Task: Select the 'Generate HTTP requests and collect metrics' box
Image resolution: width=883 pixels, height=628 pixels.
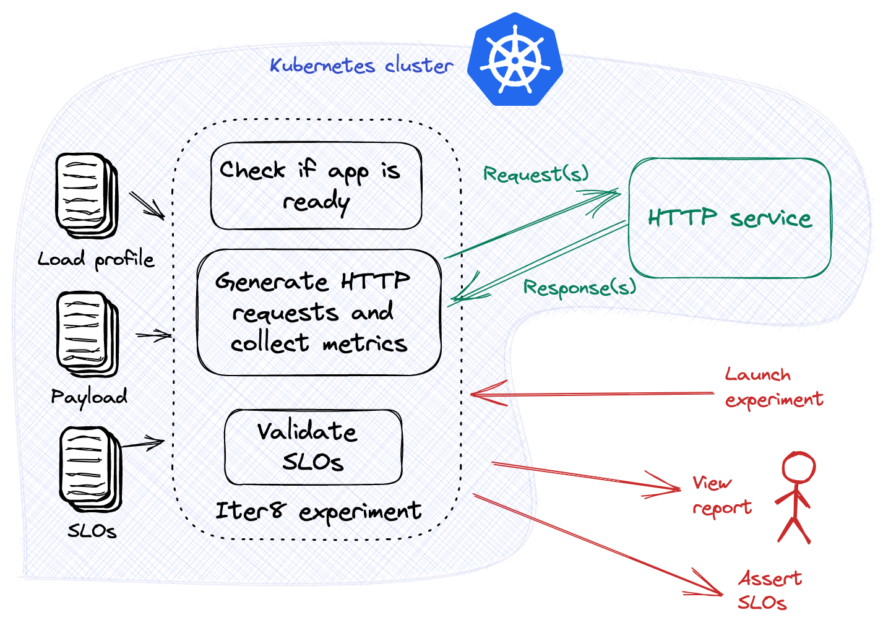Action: (x=319, y=312)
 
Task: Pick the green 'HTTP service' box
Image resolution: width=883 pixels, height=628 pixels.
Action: (x=730, y=218)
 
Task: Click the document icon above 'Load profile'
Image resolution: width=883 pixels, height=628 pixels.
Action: (x=86, y=194)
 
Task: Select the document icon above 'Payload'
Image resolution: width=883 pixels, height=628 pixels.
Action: (x=87, y=333)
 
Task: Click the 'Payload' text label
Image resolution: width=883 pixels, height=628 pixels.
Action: (x=90, y=397)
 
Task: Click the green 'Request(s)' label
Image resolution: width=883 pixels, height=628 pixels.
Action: (x=533, y=174)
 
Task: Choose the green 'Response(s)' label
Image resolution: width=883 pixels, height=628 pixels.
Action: (x=579, y=288)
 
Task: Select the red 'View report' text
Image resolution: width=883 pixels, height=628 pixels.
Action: (x=721, y=496)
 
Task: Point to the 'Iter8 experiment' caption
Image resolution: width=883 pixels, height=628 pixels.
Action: (x=319, y=512)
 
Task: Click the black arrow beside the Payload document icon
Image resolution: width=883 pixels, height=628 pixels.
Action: (x=152, y=335)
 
